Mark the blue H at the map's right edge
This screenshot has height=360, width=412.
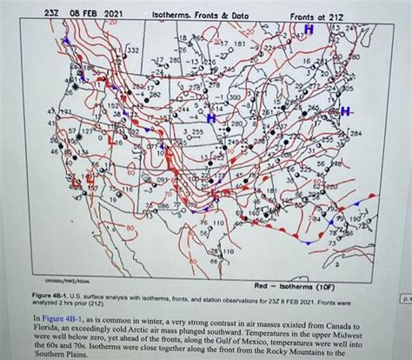346,113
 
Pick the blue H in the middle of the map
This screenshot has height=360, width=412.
212,117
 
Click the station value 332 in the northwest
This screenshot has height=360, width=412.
131,52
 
